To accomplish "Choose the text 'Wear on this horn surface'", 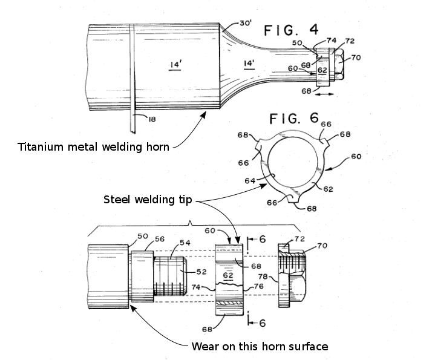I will [260, 347].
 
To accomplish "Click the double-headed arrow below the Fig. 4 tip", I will [324, 95].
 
